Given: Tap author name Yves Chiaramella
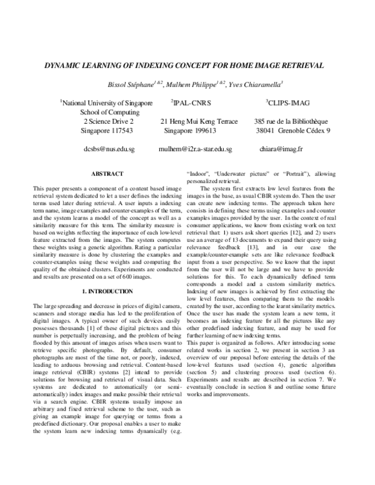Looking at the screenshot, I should [x=256, y=84].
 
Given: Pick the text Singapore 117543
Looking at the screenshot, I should [x=107, y=131].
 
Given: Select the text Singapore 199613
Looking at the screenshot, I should [x=190, y=131].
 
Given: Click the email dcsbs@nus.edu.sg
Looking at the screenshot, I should [x=109, y=150].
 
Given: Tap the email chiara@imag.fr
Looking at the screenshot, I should [x=281, y=150].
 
